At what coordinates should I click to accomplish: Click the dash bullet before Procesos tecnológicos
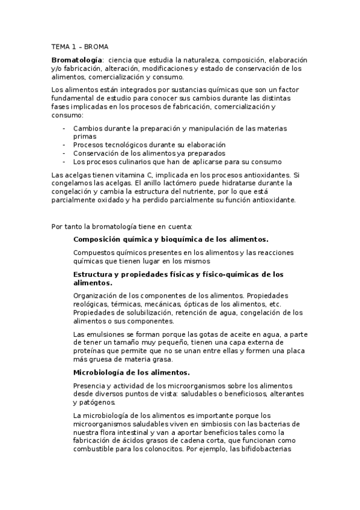[64, 145]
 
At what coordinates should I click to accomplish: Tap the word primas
[84, 137]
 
